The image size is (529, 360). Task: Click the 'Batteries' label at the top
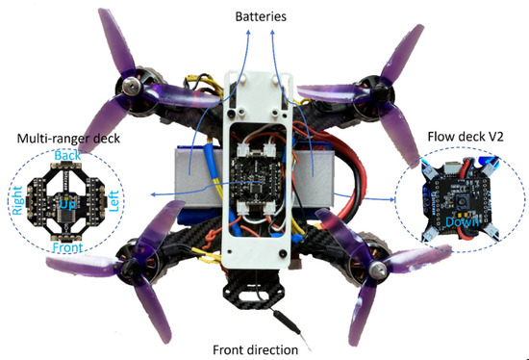[x=264, y=16]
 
